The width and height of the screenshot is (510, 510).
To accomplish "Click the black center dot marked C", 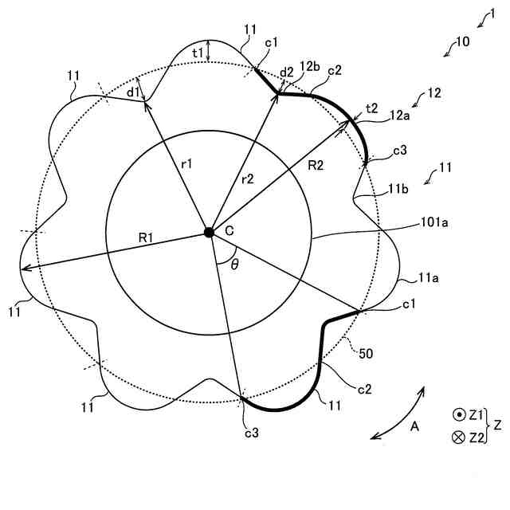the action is coord(209,232).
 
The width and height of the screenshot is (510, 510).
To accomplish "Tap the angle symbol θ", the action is coord(234,265).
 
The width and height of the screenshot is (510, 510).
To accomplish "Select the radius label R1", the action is coord(147,237).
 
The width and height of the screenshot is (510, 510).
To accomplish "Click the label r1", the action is coord(186,163).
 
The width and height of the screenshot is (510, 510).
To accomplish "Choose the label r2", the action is coord(247,180).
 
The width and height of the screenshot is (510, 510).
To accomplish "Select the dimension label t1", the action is coord(198,52).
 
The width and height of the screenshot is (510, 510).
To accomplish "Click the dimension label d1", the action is coord(132,92).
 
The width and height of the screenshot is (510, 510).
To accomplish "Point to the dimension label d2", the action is coord(287,71).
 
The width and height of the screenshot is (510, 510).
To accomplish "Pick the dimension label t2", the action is coord(371,108).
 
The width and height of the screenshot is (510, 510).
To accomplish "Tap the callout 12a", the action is coord(400,117).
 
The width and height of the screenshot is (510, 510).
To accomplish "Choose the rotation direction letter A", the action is coord(414,427).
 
